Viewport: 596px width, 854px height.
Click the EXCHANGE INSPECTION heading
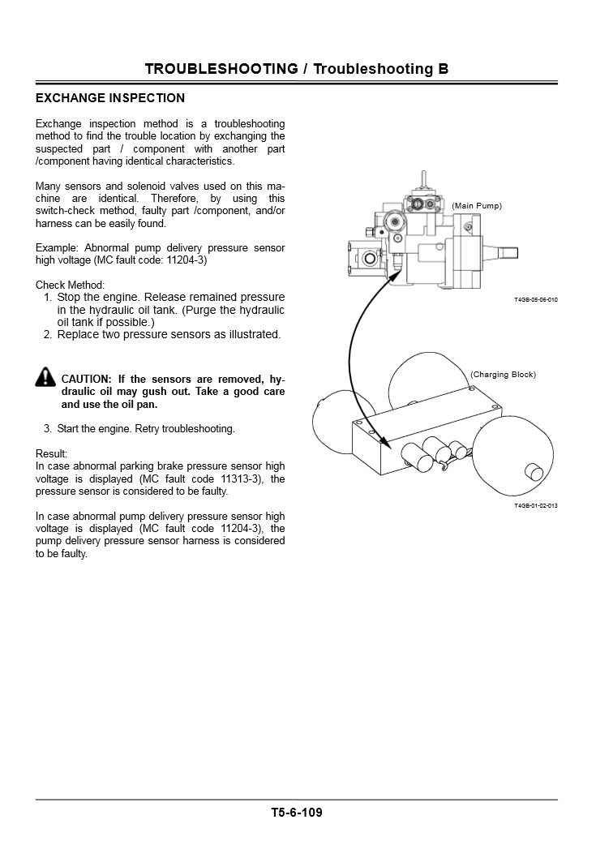pyautogui.click(x=110, y=98)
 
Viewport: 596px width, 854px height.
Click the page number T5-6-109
pyautogui.click(x=297, y=812)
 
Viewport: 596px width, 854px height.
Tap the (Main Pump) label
pyautogui.click(x=477, y=206)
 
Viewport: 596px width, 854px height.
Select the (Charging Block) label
pyautogui.click(x=503, y=375)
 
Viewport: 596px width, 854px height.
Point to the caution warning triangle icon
pyautogui.click(x=45, y=376)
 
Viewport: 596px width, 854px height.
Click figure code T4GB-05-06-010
pyautogui.click(x=535, y=300)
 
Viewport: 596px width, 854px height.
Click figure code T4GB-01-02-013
pyautogui.click(x=535, y=506)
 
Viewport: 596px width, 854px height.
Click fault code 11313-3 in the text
pyautogui.click(x=228, y=478)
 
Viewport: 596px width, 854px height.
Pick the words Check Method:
pyautogui.click(x=70, y=285)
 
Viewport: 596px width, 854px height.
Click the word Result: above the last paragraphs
pyautogui.click(x=52, y=453)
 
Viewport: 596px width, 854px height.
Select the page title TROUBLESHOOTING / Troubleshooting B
pyautogui.click(x=297, y=69)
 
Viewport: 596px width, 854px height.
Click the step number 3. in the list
pyautogui.click(x=48, y=428)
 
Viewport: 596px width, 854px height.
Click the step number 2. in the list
pyautogui.click(x=48, y=334)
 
